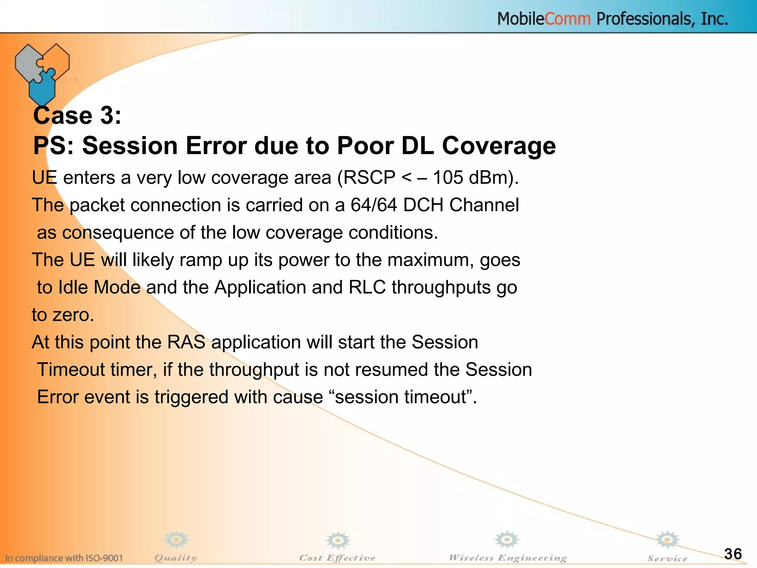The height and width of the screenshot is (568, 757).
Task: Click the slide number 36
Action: [733, 554]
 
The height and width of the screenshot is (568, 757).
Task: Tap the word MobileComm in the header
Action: [544, 19]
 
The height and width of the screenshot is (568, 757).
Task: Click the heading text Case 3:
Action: [77, 115]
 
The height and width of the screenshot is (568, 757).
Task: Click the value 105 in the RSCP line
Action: [448, 177]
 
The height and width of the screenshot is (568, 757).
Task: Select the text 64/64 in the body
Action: [374, 205]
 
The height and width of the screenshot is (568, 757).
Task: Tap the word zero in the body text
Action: [73, 315]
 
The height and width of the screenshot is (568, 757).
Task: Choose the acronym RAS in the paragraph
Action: [186, 342]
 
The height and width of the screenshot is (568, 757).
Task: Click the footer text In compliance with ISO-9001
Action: [64, 558]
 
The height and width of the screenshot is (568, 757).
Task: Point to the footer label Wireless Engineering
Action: [508, 558]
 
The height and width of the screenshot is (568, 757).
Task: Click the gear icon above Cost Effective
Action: [337, 541]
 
